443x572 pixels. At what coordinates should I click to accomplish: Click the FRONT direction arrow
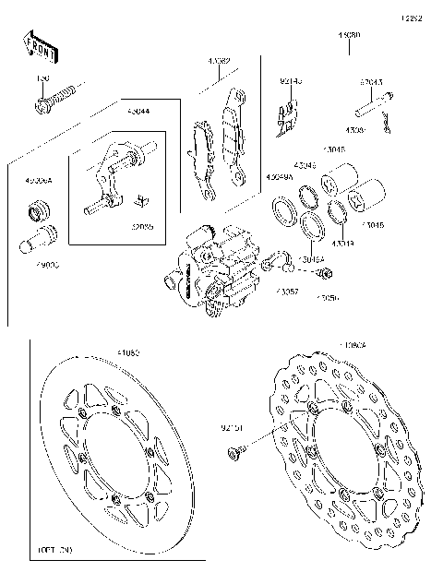[x=38, y=46]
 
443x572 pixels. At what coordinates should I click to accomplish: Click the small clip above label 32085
[x=141, y=200]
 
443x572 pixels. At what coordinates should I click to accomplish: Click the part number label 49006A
[x=39, y=182]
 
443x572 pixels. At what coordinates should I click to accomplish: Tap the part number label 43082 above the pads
[x=219, y=61]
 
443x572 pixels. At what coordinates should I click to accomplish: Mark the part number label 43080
[x=349, y=35]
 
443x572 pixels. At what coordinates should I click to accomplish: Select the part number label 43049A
[x=280, y=176]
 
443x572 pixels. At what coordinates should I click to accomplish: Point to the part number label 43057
[x=286, y=291]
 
